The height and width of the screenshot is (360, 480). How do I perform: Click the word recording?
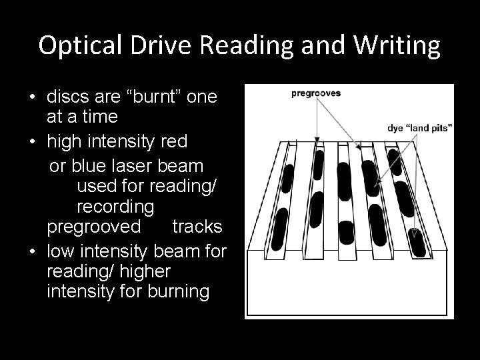pyautogui.click(x=115, y=205)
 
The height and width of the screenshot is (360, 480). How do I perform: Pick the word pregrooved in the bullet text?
pyautogui.click(x=93, y=227)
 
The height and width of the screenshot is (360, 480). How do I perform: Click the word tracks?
pyautogui.click(x=197, y=227)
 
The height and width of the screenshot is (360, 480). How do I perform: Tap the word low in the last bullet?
pyautogui.click(x=60, y=250)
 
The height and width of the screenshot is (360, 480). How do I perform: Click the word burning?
pyautogui.click(x=176, y=293)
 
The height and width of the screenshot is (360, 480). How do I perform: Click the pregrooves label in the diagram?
pyautogui.click(x=316, y=94)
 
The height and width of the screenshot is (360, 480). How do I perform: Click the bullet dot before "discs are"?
pyautogui.click(x=32, y=97)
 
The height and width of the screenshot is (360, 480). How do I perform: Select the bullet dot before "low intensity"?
pyautogui.click(x=32, y=251)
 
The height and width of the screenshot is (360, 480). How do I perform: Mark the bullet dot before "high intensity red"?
pyautogui.click(x=32, y=141)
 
